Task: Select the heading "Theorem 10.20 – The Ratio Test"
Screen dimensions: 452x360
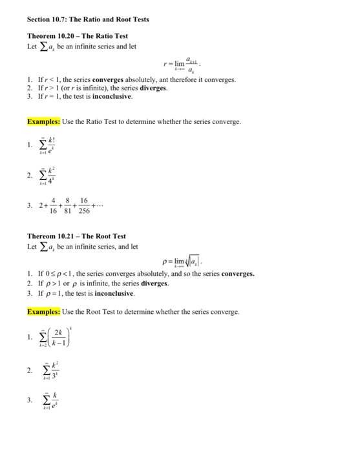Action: click(77, 37)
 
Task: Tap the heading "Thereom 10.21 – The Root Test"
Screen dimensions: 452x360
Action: click(77, 236)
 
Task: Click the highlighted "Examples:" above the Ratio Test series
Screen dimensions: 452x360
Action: click(43, 121)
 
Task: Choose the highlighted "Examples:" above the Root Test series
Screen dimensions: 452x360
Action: click(43, 311)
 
